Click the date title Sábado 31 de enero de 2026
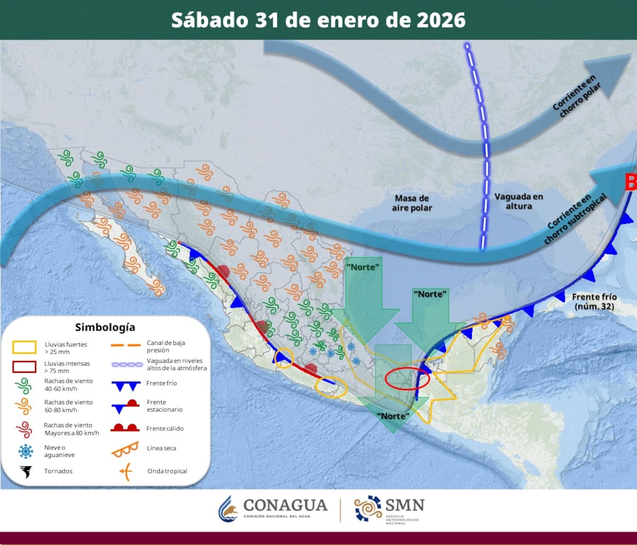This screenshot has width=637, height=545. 318,20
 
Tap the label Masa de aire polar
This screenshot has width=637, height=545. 412,203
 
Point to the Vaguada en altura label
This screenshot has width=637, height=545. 519,201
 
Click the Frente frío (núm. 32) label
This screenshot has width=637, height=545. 594,301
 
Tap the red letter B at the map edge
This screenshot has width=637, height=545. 631,182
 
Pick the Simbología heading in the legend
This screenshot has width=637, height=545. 105,327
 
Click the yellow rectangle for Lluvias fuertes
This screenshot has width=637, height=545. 24,348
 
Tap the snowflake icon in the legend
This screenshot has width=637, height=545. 25,452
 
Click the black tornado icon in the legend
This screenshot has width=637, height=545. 24,471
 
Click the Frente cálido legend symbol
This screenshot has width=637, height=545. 125,428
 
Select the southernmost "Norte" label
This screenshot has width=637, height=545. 393,416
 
